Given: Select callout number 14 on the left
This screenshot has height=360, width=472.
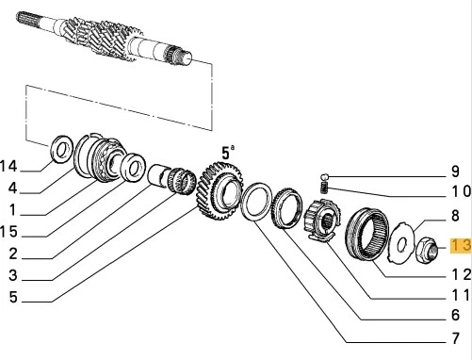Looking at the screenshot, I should [x=9, y=166].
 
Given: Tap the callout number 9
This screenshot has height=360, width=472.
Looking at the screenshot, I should [x=454, y=172].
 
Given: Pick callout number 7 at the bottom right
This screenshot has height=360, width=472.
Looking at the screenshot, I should [x=454, y=338].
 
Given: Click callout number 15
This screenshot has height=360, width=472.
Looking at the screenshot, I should [x=9, y=231].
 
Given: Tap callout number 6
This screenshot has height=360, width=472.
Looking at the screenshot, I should [x=454, y=317].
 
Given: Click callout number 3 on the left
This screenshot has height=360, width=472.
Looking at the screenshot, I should [x=13, y=275].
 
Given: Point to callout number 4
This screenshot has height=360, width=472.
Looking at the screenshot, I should [x=13, y=188].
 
